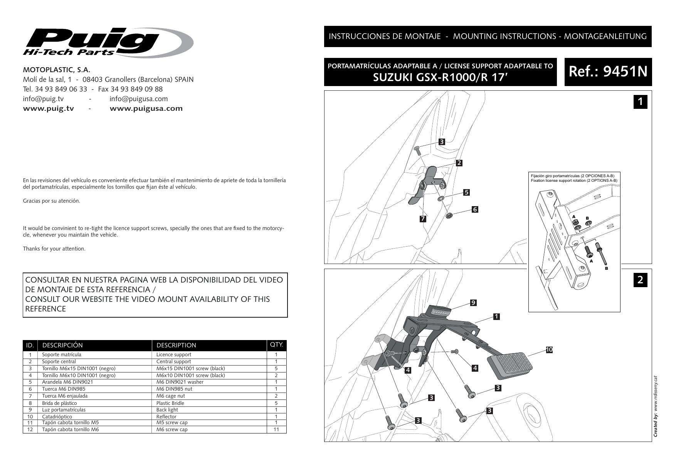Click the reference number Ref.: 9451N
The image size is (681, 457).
tap(608, 72)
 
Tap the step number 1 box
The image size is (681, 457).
tap(640, 102)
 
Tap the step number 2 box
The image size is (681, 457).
tap(640, 279)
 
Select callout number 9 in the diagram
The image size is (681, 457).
tap(473, 303)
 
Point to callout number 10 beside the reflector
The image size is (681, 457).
tap(549, 350)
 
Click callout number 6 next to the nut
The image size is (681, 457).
tap(475, 209)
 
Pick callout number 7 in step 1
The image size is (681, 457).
tap(423, 219)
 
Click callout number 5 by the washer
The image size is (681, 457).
tap(466, 192)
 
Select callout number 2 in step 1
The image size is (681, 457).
tap(459, 162)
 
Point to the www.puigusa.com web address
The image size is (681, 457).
tap(146, 108)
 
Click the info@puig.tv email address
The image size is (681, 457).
tap(43, 99)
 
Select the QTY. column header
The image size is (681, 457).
tap(276, 345)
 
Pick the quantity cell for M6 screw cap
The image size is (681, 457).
tap(276, 429)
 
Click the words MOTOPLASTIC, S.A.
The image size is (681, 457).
tap(57, 70)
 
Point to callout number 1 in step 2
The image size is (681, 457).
tap(496, 317)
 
